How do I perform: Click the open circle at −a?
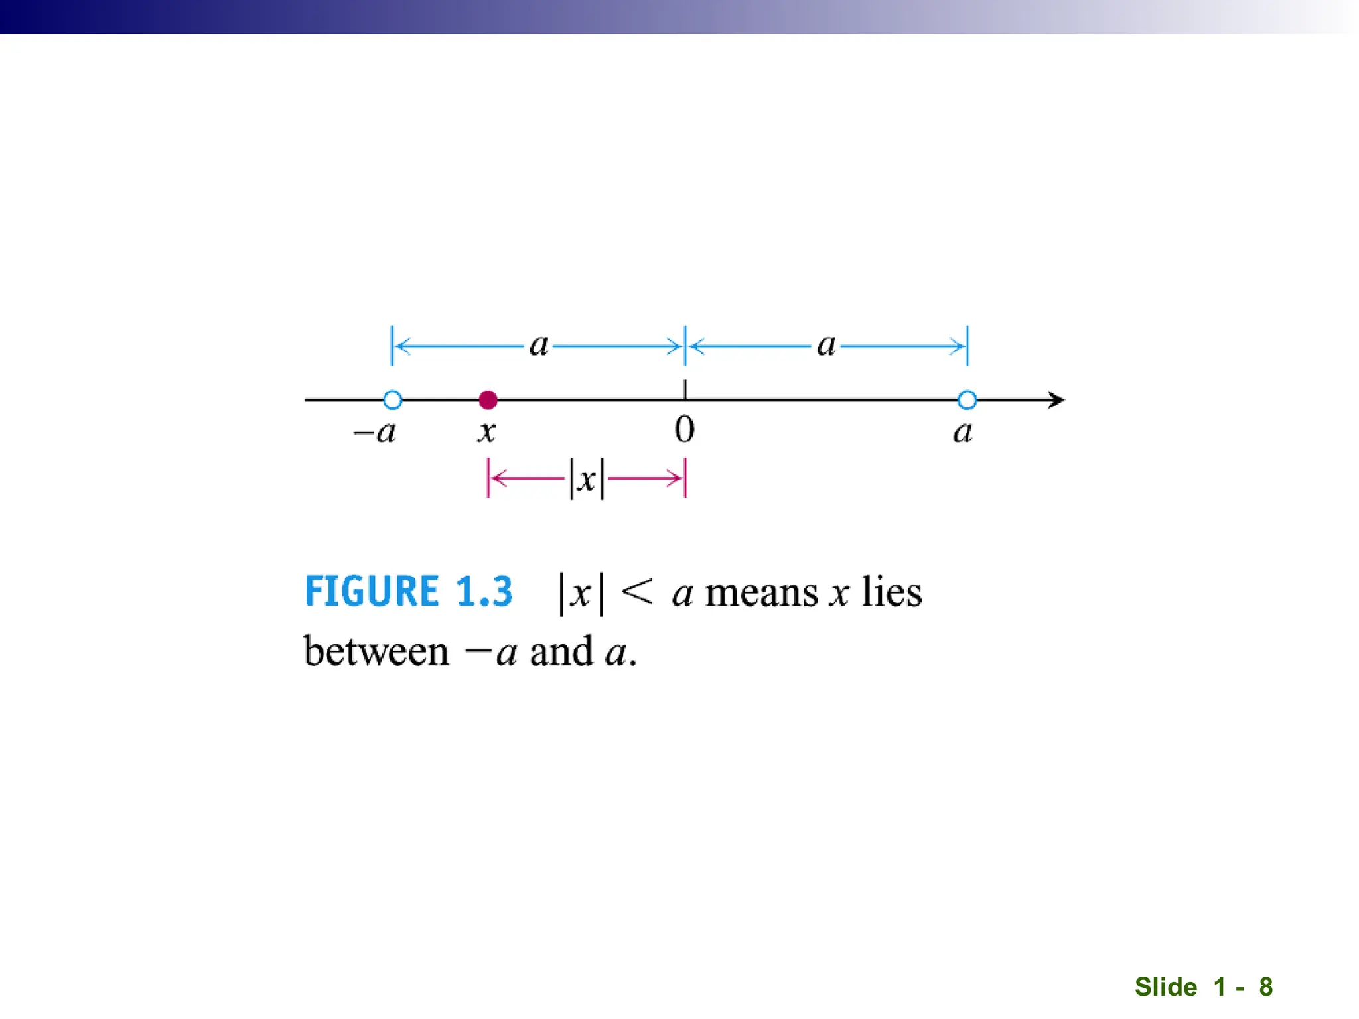coord(393,400)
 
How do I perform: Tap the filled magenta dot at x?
coord(488,400)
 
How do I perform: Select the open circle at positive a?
coord(967,400)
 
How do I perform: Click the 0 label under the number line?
coord(685,430)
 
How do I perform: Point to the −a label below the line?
coord(376,433)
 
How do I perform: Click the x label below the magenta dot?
coord(486,433)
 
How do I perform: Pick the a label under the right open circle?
coord(963,433)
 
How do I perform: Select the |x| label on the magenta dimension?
coord(587,479)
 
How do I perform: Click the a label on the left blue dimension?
coord(539,345)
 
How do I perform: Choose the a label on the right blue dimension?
coord(826,345)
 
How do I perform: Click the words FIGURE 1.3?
coord(409,591)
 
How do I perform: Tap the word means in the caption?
coord(761,592)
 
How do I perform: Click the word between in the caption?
coord(376,651)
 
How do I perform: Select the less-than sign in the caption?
coord(637,591)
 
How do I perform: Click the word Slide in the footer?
coord(1165,986)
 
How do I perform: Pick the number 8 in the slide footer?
coord(1265,986)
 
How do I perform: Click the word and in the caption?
coord(561,651)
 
